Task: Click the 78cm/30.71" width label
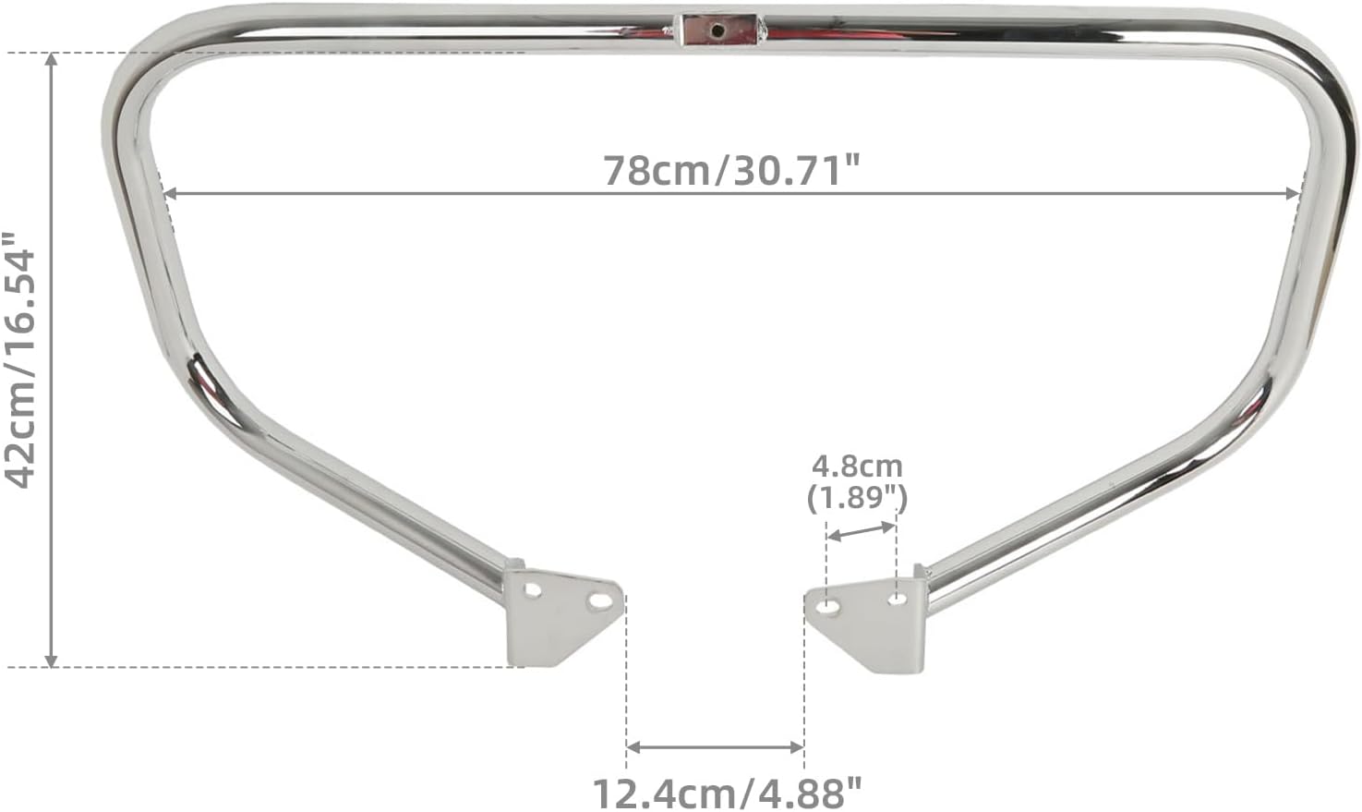731,170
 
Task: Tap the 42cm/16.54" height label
19,360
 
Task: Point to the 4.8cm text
857,467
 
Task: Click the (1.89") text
857,499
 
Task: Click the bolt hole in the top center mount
718,30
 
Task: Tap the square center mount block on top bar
719,30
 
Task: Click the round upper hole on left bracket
533,590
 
